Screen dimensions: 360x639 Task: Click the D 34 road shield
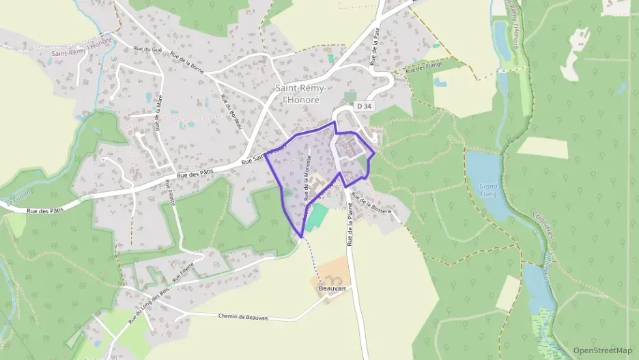(365, 106)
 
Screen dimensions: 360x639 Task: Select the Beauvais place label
(332, 289)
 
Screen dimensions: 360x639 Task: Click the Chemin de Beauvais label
(244, 317)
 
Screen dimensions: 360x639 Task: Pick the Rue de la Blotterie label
(371, 204)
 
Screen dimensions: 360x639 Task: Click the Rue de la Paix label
(375, 46)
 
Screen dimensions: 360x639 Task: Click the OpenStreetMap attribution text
(602, 350)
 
